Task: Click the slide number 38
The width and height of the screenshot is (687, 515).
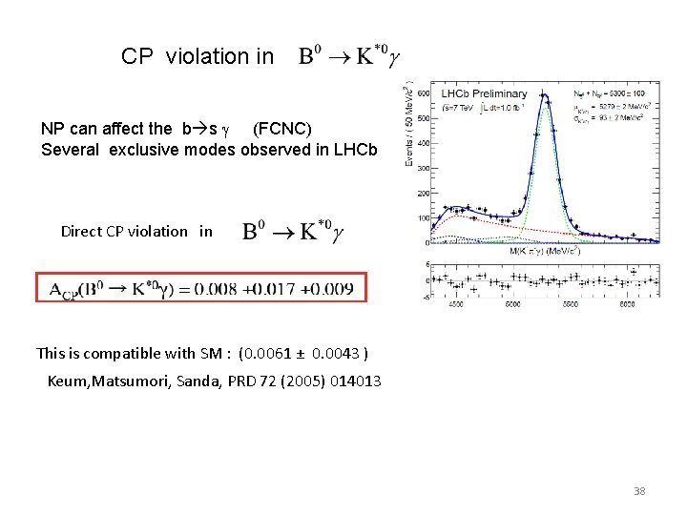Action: pos(639,491)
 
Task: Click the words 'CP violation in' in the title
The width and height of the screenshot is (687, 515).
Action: pos(198,57)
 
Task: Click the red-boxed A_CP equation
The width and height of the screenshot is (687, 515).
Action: pos(200,289)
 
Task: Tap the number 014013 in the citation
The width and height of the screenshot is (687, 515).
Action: pos(356,381)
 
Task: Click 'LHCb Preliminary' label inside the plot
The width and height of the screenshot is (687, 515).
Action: pos(484,93)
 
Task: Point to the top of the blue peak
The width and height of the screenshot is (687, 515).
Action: pos(543,94)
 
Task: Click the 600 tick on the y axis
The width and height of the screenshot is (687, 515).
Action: pos(423,93)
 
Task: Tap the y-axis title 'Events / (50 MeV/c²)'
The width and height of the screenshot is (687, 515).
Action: pos(411,124)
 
